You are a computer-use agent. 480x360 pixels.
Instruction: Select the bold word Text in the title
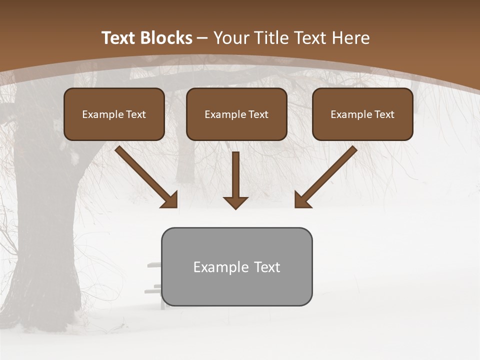click(x=120, y=38)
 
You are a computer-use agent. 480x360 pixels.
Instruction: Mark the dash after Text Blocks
click(x=202, y=38)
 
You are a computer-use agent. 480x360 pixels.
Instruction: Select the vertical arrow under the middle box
click(x=235, y=180)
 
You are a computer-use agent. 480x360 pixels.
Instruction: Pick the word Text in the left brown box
click(x=135, y=114)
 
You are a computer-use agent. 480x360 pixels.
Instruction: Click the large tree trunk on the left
click(x=45, y=225)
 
